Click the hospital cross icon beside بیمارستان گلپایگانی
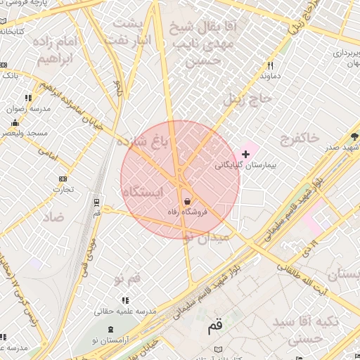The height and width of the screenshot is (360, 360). (x=245, y=153)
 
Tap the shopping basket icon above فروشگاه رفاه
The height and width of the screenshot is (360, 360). (x=186, y=201)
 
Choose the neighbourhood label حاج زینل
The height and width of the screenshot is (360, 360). (x=246, y=99)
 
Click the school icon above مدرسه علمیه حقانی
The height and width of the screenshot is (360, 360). (x=126, y=300)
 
